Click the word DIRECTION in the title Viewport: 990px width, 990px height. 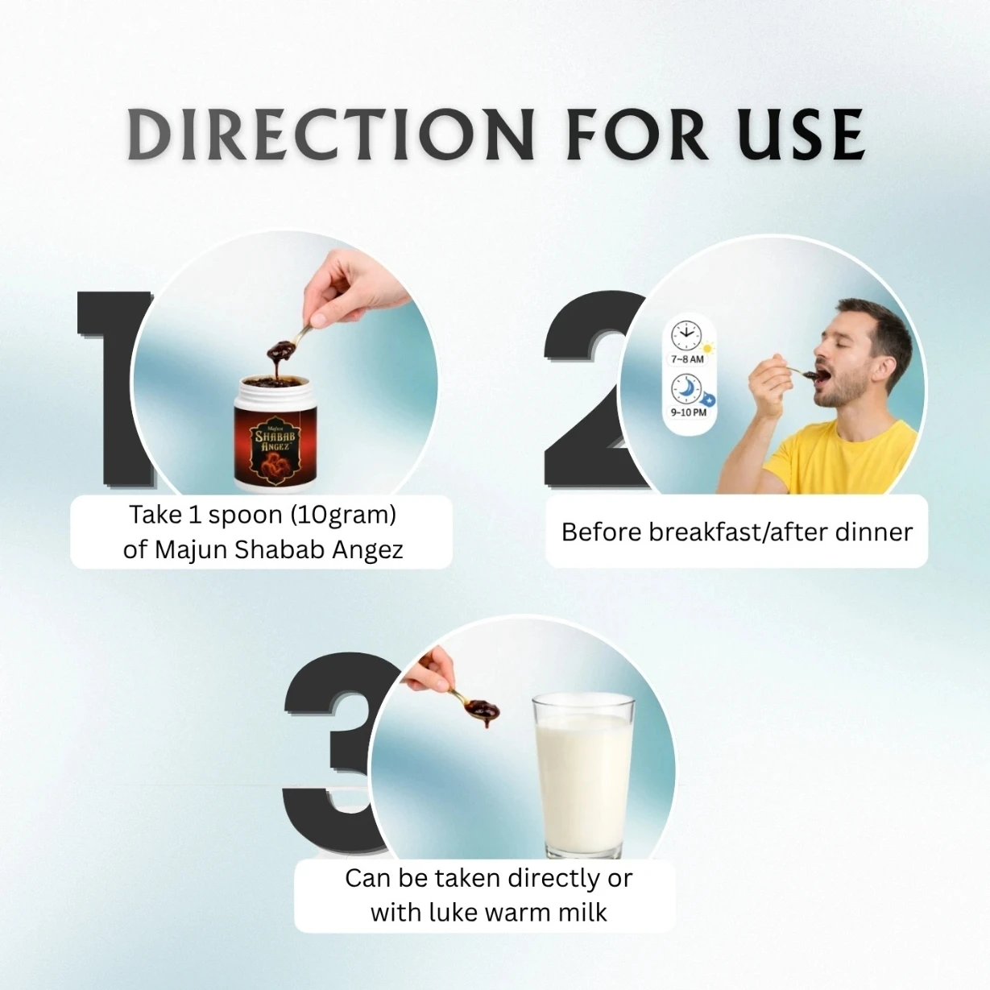coord(331,135)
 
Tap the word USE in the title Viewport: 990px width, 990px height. coord(801,135)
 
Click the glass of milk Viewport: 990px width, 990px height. coord(584,777)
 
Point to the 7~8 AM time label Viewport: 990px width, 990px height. coord(687,359)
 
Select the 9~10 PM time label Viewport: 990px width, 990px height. coord(689,412)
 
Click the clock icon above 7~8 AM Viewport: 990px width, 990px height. coord(686,336)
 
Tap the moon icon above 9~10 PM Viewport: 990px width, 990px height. coord(686,389)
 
